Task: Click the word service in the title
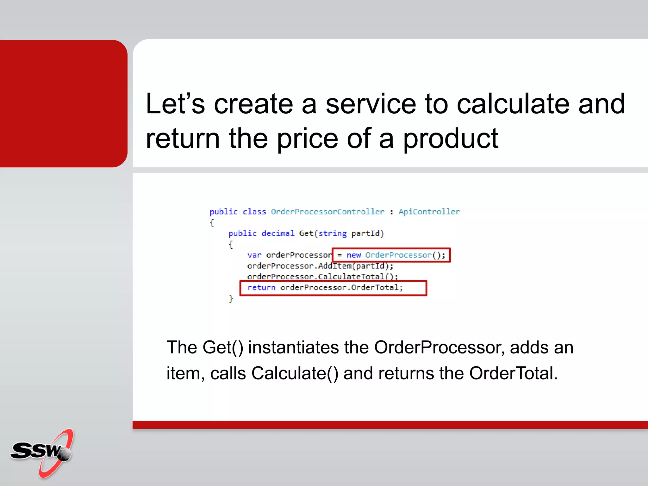pos(371,104)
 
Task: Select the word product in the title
pos(451,139)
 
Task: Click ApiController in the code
pos(429,212)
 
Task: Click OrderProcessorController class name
pos(327,212)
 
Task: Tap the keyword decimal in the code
pos(277,234)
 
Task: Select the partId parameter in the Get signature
pos(366,234)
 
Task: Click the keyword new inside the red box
pos(353,255)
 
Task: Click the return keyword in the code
pos(261,288)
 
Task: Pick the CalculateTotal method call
pos(351,277)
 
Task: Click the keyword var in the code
pos(254,255)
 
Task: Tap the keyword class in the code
pos(254,212)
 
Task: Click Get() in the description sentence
pos(223,348)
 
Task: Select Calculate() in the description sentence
pos(295,374)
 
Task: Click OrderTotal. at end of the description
pos(513,374)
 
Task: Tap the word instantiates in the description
pos(293,348)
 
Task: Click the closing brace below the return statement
pos(231,299)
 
